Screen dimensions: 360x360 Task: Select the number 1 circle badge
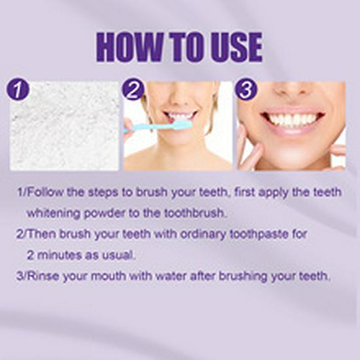coord(18,89)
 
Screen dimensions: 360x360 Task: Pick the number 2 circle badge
coord(133,89)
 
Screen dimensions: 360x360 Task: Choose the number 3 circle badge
coord(247,89)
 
